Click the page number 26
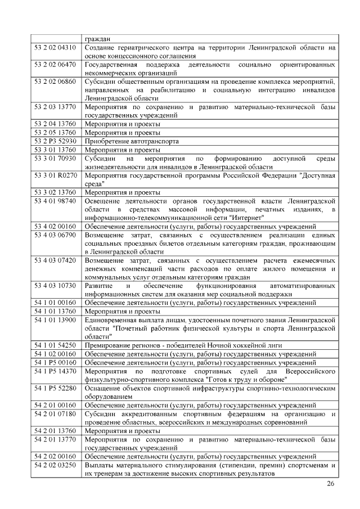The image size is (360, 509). point(330,484)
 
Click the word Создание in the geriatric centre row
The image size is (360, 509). point(102,48)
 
